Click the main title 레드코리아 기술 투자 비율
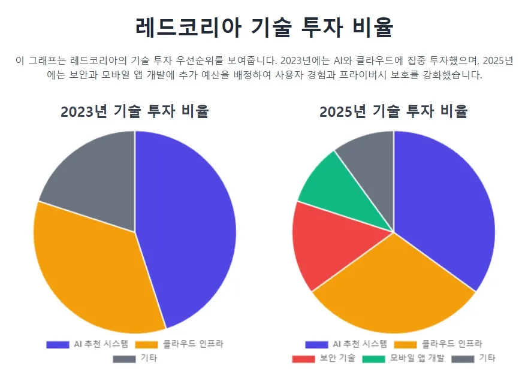(x=264, y=28)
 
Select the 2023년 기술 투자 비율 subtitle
(x=135, y=111)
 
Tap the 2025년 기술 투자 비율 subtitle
(x=393, y=111)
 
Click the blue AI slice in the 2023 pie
(x=192, y=228)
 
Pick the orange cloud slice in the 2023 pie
(x=90, y=269)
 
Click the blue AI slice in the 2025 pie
(x=449, y=204)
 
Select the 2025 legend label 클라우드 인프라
(x=451, y=344)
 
